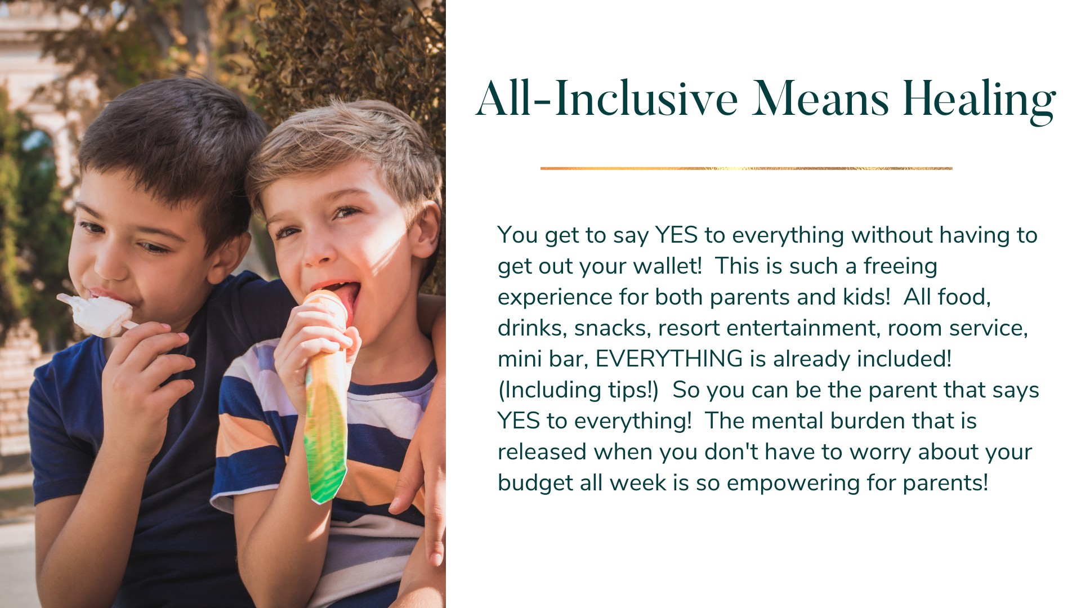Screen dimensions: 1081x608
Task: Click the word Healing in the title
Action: click(979, 101)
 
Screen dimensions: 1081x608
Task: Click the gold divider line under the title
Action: click(746, 168)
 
